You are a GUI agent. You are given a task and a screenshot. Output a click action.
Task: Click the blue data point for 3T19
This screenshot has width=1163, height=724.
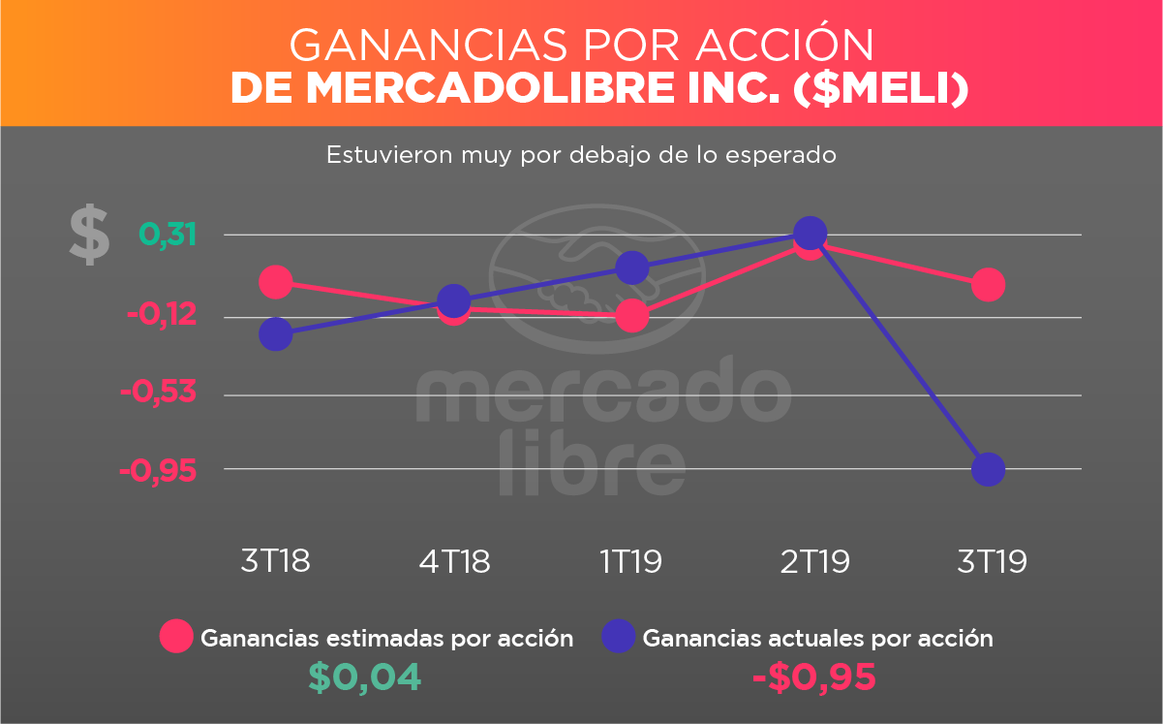coord(988,470)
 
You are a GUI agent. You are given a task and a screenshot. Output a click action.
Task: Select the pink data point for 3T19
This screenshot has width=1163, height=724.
coord(988,285)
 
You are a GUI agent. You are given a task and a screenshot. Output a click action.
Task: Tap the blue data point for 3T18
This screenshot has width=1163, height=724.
coord(276,334)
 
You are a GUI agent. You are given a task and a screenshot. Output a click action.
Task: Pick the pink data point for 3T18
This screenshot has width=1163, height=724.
coord(276,282)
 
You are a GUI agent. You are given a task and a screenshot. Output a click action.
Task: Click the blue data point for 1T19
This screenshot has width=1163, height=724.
coord(632,268)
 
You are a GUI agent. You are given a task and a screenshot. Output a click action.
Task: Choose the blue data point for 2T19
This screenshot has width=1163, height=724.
coord(810,233)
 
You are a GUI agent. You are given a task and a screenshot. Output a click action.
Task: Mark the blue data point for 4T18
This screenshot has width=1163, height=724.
coord(454,300)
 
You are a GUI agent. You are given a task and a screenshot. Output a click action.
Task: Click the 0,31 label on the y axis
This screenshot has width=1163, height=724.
coord(168,235)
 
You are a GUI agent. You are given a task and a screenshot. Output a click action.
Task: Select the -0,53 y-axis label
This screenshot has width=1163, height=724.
coord(158,393)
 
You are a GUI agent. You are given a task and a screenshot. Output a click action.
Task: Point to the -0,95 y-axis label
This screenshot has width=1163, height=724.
coord(158,471)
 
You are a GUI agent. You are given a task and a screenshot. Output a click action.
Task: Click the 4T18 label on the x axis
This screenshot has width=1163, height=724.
coord(454,561)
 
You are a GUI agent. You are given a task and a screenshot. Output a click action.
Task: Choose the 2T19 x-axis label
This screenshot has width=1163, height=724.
coord(814,561)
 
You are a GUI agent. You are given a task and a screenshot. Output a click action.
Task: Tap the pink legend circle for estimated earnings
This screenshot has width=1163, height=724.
coord(177,637)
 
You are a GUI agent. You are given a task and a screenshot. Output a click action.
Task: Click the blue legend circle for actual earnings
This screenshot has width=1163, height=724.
coord(619,637)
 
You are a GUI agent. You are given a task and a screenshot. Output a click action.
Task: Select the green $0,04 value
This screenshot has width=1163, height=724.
coord(364,677)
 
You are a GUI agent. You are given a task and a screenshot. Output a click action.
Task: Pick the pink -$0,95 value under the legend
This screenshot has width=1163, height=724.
coord(813,677)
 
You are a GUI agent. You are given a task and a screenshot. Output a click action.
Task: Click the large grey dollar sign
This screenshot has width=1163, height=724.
coord(89,236)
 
